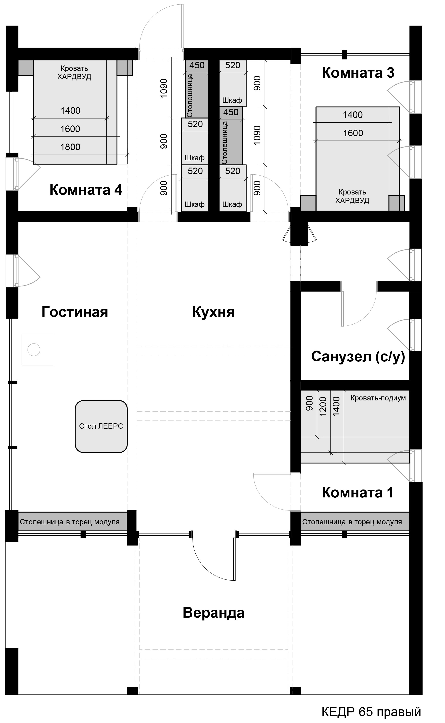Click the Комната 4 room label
(x=86, y=190)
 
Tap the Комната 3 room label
(x=358, y=73)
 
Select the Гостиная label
(x=75, y=312)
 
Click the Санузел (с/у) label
(x=358, y=356)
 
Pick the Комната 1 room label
(x=358, y=492)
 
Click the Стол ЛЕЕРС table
(x=101, y=426)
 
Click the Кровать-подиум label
(x=378, y=398)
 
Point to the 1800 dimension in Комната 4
(x=70, y=147)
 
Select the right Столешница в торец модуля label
(x=352, y=522)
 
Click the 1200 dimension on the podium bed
(x=323, y=406)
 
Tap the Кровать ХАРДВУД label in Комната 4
(x=74, y=73)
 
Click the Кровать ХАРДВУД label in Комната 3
(x=352, y=196)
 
